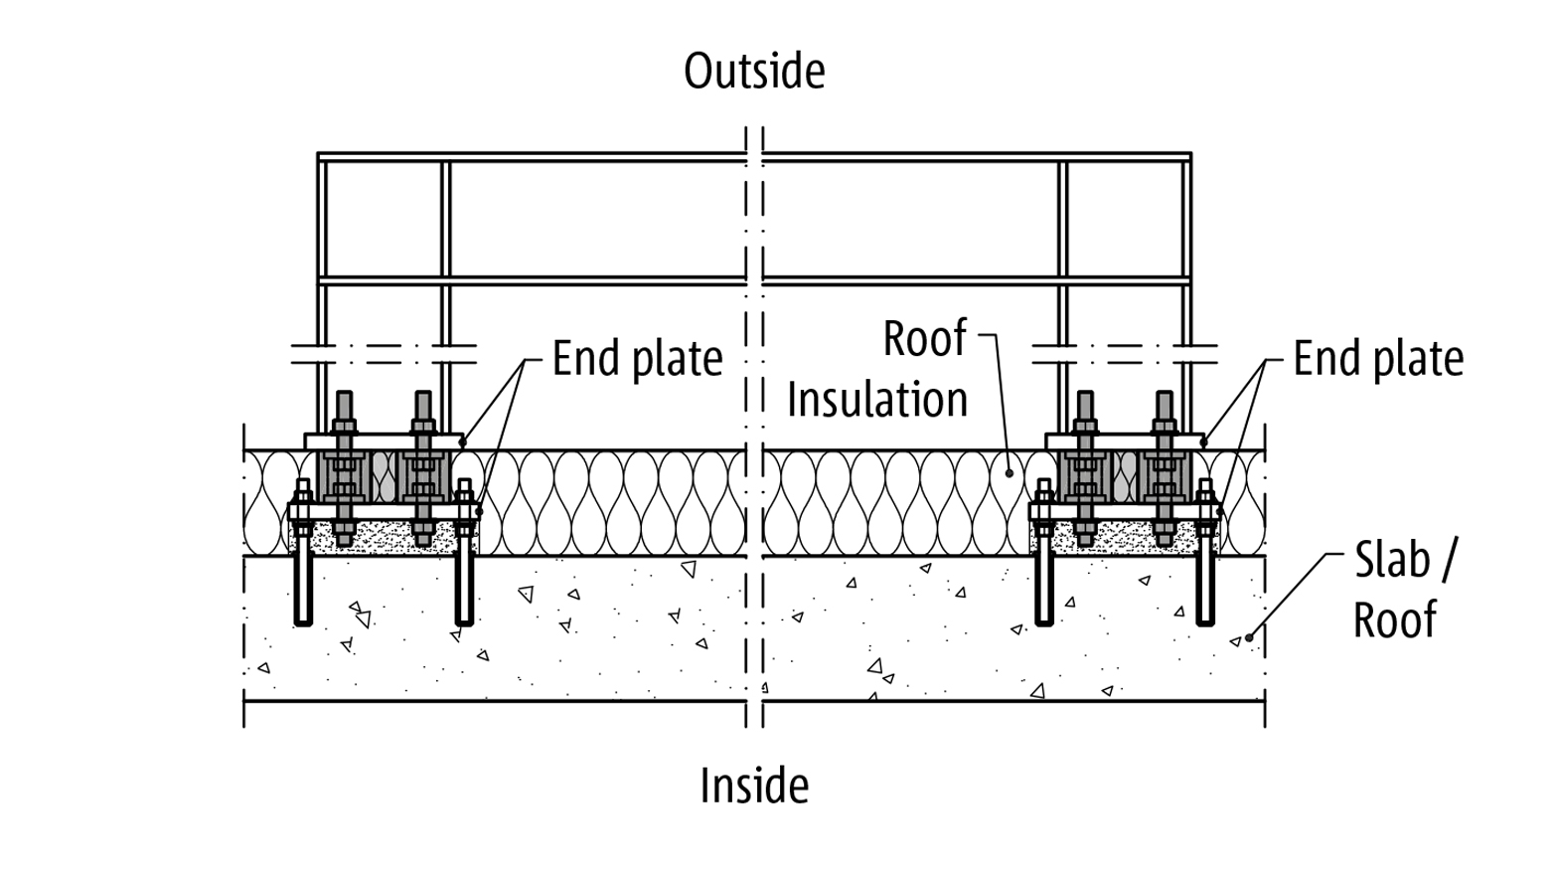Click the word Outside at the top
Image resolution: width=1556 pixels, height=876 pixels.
[x=754, y=71]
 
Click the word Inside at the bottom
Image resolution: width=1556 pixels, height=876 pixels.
[x=754, y=785]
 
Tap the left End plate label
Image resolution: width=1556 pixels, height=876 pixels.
[x=638, y=359]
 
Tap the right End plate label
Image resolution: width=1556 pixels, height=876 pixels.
[x=1378, y=359]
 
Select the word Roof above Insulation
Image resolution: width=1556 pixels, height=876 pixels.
[x=925, y=339]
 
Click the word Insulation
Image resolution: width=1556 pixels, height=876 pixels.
[x=877, y=399]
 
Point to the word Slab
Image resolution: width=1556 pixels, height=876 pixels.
[x=1392, y=560]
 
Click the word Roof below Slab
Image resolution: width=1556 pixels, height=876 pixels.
[x=1395, y=618]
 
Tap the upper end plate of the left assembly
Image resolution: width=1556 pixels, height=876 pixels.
[x=384, y=441]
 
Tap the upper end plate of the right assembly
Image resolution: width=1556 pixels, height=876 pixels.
[x=1125, y=441]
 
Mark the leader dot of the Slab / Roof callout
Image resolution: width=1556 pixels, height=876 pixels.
[x=1249, y=637]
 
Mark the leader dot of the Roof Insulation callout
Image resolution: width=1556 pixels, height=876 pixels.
[x=1010, y=473]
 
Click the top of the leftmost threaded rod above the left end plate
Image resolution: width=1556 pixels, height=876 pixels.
[x=345, y=392]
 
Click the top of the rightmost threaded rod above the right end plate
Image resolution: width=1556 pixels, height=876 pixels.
[x=1165, y=392]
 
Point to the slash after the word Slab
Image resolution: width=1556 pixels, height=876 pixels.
[x=1446, y=560]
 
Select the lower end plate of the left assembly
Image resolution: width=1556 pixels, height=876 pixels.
[x=385, y=512]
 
